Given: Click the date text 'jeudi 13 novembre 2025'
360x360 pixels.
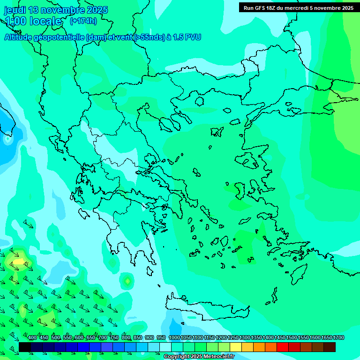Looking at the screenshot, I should (x=56, y=10).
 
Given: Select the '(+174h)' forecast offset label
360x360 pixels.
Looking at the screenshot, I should (x=83, y=21).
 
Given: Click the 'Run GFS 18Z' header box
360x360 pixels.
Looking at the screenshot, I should (x=298, y=7).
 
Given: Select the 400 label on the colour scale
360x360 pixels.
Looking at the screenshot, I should (x=32, y=337).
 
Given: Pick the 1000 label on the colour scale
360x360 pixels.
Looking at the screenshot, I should (x=174, y=337).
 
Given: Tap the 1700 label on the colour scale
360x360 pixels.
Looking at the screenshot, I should (x=338, y=337).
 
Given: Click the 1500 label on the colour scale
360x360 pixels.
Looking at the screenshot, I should (x=292, y=337).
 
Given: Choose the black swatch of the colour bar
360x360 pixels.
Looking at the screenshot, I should (x=25, y=347).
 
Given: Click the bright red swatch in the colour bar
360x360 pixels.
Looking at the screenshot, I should (x=283, y=347).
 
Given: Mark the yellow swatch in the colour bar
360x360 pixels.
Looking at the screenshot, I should (x=236, y=347).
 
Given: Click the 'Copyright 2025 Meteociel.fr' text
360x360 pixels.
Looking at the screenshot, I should (x=199, y=357).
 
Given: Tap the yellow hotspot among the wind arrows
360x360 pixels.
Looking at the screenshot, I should (x=19, y=262).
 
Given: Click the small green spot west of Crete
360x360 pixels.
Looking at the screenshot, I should (x=127, y=281).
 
